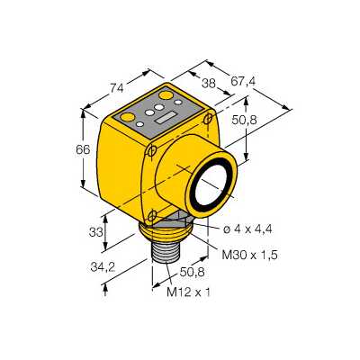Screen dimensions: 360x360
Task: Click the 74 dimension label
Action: (116, 88)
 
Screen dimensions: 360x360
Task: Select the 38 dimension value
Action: (209, 83)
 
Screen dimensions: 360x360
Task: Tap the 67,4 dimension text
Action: (243, 81)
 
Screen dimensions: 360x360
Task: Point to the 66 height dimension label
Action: (83, 149)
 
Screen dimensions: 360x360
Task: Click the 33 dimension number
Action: (96, 232)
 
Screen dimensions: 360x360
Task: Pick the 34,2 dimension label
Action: (103, 267)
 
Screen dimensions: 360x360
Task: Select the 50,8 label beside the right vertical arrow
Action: (245, 120)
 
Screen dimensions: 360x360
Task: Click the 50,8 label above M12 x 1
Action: (192, 272)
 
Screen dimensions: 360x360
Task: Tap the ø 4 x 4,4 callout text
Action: (247, 229)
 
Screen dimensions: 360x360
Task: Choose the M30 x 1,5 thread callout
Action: (249, 256)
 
